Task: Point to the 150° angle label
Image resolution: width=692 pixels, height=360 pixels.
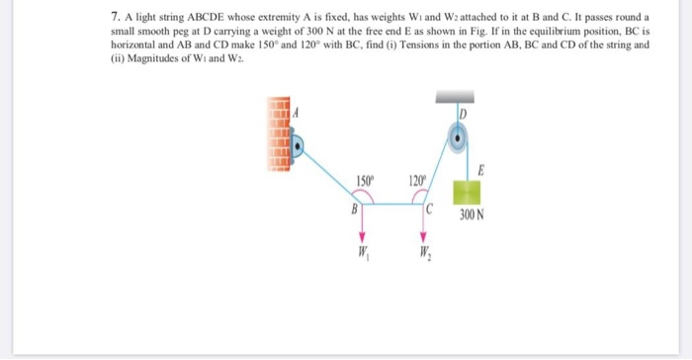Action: pos(364,180)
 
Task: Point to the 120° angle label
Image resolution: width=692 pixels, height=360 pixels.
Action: pos(415,180)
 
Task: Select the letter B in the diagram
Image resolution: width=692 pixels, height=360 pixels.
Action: pos(351,210)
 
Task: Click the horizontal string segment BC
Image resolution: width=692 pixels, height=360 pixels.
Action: pos(393,204)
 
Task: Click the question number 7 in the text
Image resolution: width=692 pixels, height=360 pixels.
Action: pos(115,19)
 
